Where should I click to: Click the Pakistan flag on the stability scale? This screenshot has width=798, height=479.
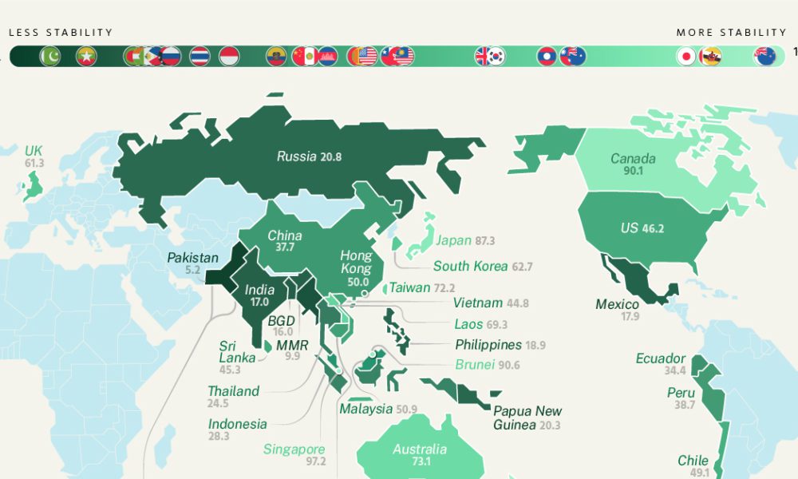50,56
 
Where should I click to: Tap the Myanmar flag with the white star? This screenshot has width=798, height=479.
86,56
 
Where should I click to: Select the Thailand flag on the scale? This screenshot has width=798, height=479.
199,56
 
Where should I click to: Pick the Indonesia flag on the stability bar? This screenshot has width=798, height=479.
229,56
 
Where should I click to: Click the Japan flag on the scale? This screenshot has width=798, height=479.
685,56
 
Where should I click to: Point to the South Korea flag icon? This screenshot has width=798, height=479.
496,56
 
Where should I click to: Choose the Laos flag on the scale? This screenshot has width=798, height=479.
547,56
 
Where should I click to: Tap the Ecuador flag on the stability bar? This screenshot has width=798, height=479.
276,56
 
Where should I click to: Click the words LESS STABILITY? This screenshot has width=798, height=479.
61,33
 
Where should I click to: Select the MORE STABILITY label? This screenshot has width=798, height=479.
731,33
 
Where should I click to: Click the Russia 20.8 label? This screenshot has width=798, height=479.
309,156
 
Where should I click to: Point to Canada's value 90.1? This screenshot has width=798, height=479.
633,171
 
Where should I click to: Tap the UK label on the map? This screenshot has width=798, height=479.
33,151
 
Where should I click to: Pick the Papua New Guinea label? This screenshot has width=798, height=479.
527,418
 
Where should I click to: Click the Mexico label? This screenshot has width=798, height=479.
617,304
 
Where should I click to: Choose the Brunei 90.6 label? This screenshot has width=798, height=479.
487,365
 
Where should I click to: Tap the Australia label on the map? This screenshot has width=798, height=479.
419,449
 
